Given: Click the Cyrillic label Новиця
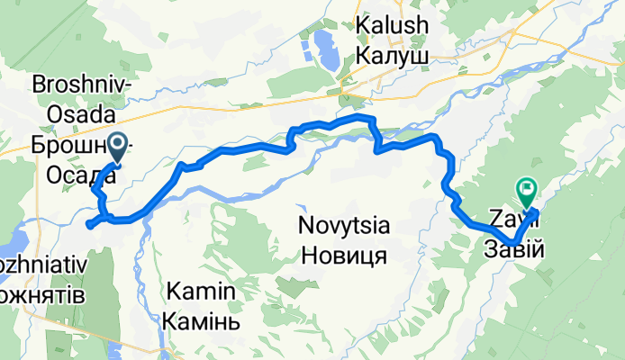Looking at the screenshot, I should point(344,255).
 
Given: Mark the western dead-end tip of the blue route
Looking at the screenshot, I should point(88,225).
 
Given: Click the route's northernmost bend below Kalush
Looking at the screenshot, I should point(362,117).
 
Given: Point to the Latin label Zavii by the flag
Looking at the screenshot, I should point(506,216).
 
